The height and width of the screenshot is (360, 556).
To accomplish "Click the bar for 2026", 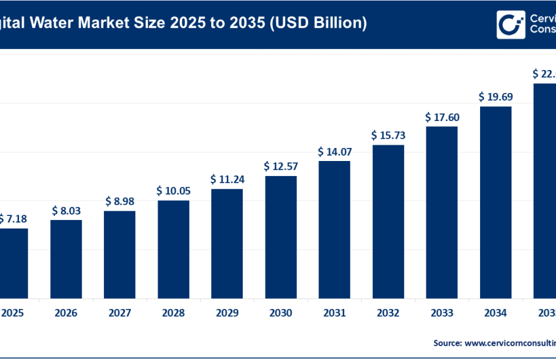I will (66, 259).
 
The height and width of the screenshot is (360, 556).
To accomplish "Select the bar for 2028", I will (173, 249).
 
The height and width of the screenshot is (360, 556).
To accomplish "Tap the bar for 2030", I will (281, 236).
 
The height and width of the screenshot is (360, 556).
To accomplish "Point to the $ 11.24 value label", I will (227, 179).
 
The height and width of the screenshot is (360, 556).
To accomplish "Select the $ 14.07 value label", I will (334, 152).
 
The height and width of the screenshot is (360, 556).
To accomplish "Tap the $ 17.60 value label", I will (442, 118).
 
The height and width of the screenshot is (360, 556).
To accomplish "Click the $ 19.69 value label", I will (496, 97).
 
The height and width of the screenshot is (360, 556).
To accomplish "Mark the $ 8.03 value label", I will (66, 211).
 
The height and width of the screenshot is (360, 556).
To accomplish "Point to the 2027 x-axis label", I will (120, 313).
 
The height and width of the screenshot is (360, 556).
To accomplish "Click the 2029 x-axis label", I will (227, 313).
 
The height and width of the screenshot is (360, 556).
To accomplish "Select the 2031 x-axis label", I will (334, 313).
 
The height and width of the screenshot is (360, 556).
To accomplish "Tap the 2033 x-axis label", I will (442, 313).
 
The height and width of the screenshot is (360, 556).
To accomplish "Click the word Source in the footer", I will (447, 342).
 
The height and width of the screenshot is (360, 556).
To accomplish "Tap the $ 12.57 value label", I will (281, 166).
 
